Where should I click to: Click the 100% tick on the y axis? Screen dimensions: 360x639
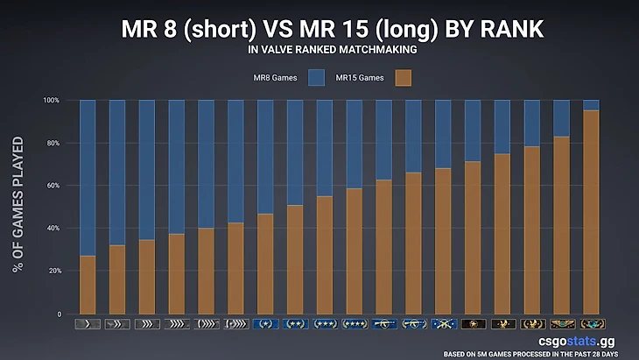click(x=51, y=100)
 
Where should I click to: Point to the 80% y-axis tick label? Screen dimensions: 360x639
click(x=53, y=143)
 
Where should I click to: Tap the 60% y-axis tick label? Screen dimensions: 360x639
click(x=53, y=186)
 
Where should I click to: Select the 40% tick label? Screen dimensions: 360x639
click(x=53, y=228)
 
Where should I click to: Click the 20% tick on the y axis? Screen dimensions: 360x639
click(x=53, y=271)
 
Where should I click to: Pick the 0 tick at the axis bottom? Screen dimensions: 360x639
click(x=59, y=314)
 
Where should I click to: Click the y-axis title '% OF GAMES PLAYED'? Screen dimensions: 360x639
click(x=18, y=203)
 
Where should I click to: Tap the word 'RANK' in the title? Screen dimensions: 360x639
click(x=503, y=29)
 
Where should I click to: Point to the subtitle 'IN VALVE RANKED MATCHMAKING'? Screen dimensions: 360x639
click(x=319, y=50)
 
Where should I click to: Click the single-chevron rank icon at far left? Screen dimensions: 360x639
click(x=88, y=324)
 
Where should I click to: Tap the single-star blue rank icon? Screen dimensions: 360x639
click(x=265, y=324)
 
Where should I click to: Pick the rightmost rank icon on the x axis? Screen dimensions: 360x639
click(x=591, y=324)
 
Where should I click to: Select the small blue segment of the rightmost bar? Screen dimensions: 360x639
click(x=591, y=105)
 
